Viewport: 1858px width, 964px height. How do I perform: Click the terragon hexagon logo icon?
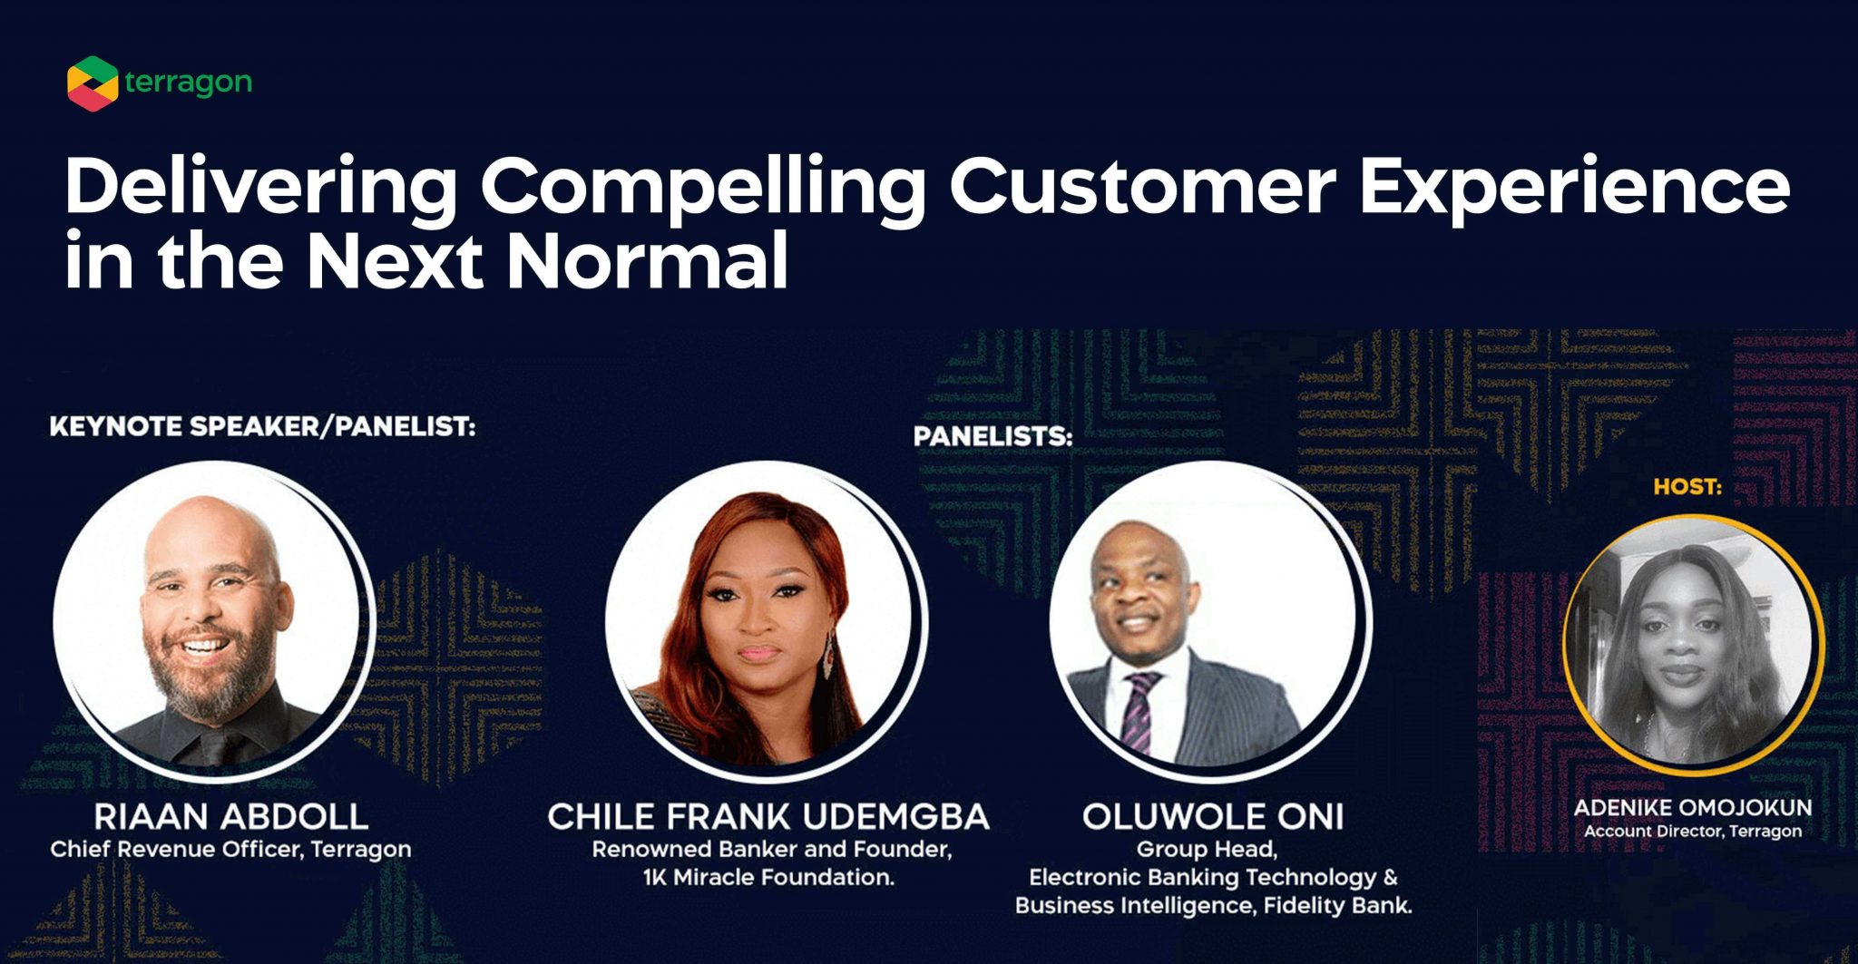(x=92, y=83)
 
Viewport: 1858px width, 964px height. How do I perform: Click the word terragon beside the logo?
(x=188, y=83)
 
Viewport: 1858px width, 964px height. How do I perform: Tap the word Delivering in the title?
(x=260, y=188)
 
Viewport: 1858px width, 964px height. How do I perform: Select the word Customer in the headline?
(x=1141, y=186)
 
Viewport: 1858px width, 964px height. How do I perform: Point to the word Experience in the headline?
(x=1573, y=188)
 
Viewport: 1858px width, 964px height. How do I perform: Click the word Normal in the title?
(x=646, y=262)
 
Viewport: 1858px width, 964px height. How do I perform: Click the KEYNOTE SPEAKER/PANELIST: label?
(x=262, y=426)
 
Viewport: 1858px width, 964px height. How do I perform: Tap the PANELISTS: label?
(x=993, y=436)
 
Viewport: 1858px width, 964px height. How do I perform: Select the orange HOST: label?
(x=1687, y=487)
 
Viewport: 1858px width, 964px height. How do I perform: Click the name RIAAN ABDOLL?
(x=230, y=816)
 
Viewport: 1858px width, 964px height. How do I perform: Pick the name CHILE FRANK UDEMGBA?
(x=768, y=816)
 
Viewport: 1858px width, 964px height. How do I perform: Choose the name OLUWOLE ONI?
(x=1212, y=816)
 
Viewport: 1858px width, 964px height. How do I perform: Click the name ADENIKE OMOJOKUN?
(x=1692, y=807)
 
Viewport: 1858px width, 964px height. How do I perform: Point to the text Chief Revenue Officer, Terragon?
(x=230, y=850)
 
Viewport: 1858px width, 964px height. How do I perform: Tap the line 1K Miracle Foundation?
(x=768, y=878)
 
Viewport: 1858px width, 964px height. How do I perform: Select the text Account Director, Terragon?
(x=1692, y=831)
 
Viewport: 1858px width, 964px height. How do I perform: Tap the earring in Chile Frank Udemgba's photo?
(x=827, y=658)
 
